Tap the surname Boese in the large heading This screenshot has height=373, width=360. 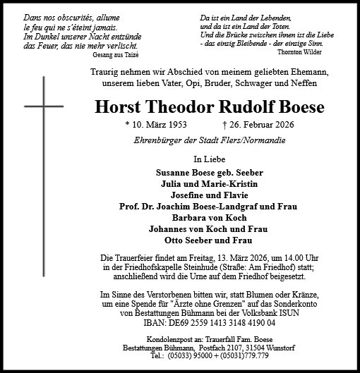click(301, 108)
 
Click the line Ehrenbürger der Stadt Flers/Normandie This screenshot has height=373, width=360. click(210, 140)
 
